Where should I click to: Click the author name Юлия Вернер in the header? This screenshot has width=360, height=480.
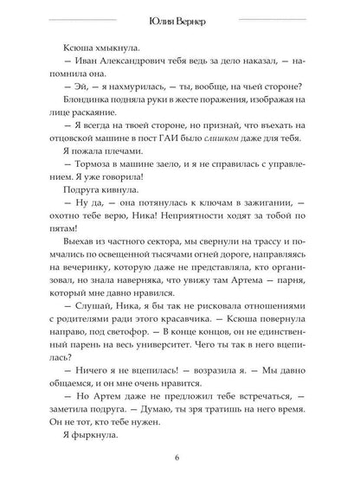click(179, 22)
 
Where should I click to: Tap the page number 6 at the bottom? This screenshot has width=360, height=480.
click(179, 458)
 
